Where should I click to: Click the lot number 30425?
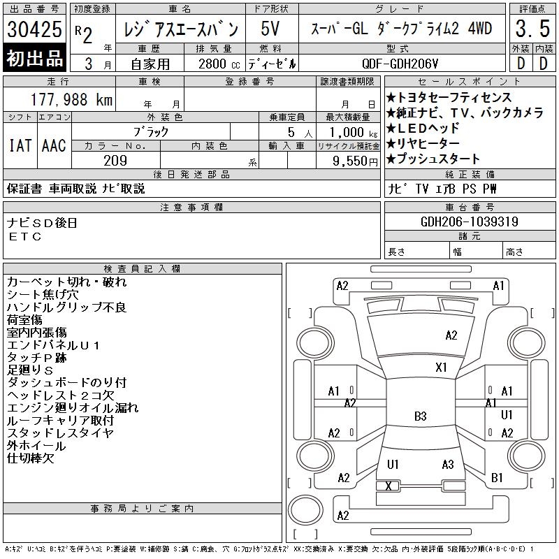click(34, 29)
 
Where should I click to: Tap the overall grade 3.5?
click(532, 29)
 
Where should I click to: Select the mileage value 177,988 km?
click(72, 99)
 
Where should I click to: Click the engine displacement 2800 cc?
click(219, 64)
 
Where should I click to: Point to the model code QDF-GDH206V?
click(400, 64)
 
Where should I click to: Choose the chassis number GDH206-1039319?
click(470, 222)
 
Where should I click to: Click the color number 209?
click(115, 161)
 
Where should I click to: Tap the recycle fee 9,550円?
click(355, 161)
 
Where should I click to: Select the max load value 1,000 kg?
click(354, 133)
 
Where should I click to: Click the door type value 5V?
click(270, 29)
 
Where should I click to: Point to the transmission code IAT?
click(20, 145)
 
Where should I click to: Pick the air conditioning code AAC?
click(54, 145)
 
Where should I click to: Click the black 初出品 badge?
click(34, 58)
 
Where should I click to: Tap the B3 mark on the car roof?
click(421, 416)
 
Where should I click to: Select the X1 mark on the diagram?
click(441, 368)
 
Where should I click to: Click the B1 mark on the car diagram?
click(497, 478)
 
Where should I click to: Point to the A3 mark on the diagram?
click(448, 465)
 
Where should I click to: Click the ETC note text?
click(25, 237)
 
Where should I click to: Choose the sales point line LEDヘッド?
click(423, 128)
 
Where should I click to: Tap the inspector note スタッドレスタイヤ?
click(60, 433)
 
